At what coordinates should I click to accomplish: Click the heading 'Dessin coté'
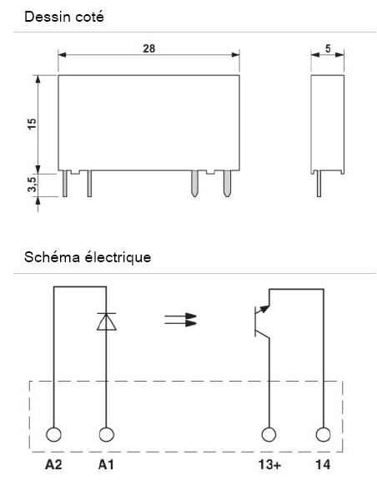pos(64,16)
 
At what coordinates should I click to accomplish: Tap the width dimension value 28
pos(148,49)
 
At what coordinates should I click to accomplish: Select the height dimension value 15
pos(32,124)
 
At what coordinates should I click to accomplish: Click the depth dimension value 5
pos(329,49)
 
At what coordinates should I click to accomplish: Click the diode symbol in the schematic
pos(106,322)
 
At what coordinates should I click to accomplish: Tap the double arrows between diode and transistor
pos(181,320)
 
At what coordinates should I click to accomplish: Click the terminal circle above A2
pos(54,435)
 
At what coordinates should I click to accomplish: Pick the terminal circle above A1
pos(106,435)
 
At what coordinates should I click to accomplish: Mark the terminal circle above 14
pos(322,435)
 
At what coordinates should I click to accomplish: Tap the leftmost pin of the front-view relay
pos(65,185)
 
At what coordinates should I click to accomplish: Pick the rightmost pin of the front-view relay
pos(226,185)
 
